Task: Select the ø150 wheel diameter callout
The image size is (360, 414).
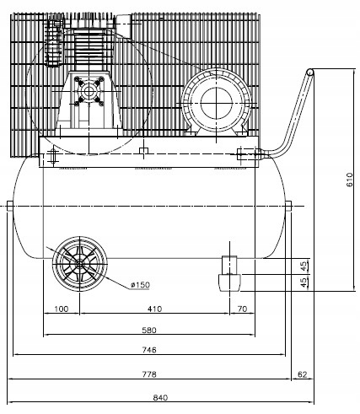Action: point(141,284)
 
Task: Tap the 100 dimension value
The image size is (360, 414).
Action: point(61,309)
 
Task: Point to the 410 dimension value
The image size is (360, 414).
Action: point(153,309)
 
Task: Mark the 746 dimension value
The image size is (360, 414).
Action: point(150,350)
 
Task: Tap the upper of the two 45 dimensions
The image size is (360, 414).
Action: point(304,266)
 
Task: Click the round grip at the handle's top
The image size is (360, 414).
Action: point(311,75)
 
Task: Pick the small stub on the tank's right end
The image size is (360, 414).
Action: point(288,205)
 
